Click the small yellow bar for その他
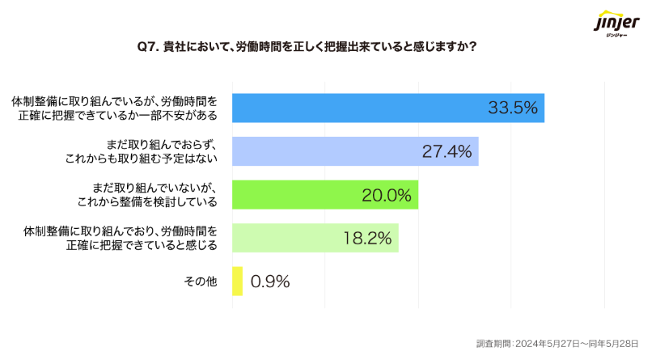[x=237, y=281]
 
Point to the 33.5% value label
[x=512, y=108]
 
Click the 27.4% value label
[x=447, y=151]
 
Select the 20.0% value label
[x=386, y=195]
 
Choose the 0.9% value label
[x=270, y=282]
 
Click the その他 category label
[x=201, y=282]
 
